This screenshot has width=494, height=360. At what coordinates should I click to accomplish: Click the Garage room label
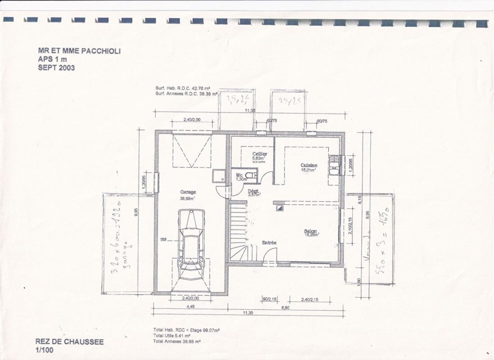[x=188, y=192]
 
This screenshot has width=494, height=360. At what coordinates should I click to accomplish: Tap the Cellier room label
[x=260, y=154]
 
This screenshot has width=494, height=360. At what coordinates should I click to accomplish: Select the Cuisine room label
[x=309, y=165]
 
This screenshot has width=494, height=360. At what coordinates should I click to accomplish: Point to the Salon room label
[x=310, y=231]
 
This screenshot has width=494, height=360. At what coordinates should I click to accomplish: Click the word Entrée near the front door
[x=269, y=243]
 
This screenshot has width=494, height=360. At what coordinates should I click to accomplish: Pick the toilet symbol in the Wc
[x=253, y=176]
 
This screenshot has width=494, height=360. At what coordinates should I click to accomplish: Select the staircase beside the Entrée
[x=238, y=232]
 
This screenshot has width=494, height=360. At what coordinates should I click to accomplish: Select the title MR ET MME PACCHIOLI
[x=79, y=51]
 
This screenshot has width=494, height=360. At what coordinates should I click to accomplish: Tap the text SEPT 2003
[x=56, y=68]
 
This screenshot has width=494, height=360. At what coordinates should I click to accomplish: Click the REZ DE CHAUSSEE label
[x=69, y=342]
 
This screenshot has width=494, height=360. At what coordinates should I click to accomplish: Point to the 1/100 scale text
[x=44, y=350]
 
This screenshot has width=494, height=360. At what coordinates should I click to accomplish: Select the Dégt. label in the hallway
[x=254, y=191]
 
